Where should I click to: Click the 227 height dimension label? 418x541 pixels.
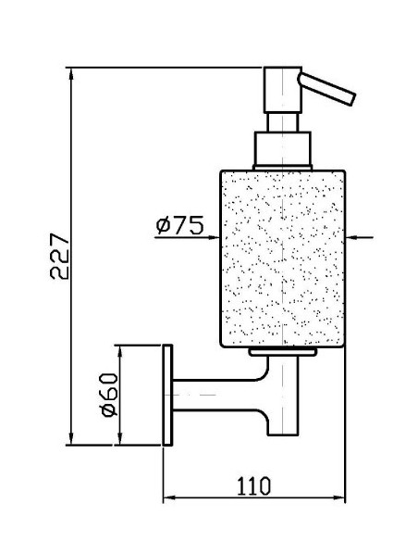click(59, 256)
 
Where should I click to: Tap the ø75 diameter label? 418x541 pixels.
click(179, 225)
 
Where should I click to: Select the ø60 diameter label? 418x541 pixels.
click(109, 395)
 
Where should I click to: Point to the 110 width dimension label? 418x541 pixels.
click(253, 485)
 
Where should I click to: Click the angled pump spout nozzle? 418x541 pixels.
click(326, 88)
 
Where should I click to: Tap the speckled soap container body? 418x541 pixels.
click(282, 258)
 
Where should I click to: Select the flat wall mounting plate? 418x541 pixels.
click(167, 395)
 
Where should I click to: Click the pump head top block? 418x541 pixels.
click(283, 90)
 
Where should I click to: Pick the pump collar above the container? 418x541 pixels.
click(282, 149)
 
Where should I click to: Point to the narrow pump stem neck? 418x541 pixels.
click(282, 122)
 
